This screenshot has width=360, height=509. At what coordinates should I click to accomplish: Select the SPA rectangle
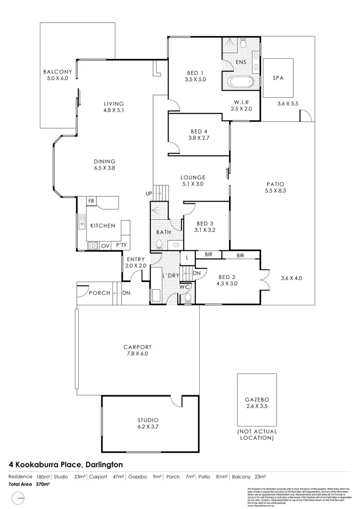tap(278, 78)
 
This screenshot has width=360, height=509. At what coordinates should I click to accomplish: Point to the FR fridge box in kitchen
tap(91, 201)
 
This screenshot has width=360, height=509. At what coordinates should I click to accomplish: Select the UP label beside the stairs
tap(149, 194)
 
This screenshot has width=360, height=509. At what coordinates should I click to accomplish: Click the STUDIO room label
tap(148, 419)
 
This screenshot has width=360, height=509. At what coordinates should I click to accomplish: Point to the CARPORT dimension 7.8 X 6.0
tap(138, 354)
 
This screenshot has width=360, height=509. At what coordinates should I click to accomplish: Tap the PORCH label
tap(101, 293)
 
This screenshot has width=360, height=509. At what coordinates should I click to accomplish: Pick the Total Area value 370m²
tap(43, 485)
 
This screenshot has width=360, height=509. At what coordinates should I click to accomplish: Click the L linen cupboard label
tap(187, 258)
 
